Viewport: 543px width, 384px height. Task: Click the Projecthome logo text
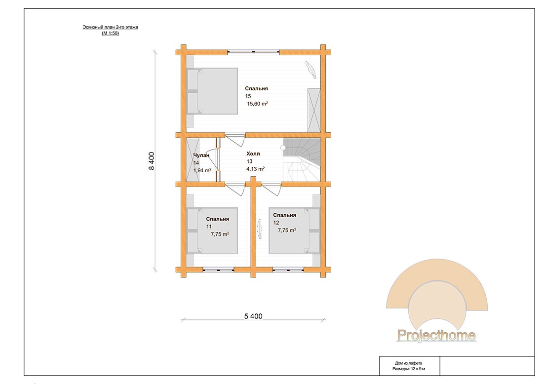[436, 335]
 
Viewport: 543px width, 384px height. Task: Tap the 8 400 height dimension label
[152, 161]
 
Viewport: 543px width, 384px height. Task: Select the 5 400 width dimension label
[254, 316]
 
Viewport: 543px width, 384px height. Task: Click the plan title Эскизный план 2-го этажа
[110, 27]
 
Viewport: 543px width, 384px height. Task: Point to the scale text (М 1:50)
[110, 33]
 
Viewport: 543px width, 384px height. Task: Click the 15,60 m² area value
[257, 104]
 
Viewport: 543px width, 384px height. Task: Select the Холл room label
[253, 154]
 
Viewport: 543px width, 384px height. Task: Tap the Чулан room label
[201, 155]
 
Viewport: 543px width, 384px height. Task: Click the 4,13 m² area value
[255, 169]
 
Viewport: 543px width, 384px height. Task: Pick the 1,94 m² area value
[202, 170]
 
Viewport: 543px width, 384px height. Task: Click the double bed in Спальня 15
[212, 91]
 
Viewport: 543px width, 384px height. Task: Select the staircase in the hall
[302, 159]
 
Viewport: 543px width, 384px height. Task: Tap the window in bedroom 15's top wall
[253, 52]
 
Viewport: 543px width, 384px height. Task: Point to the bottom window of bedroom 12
[288, 269]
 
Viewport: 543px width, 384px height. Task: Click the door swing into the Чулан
[211, 159]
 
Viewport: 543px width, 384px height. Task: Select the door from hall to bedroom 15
[235, 139]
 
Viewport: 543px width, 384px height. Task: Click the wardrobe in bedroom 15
[314, 110]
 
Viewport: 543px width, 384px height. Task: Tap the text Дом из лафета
[409, 363]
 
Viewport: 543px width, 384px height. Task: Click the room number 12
[276, 223]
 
